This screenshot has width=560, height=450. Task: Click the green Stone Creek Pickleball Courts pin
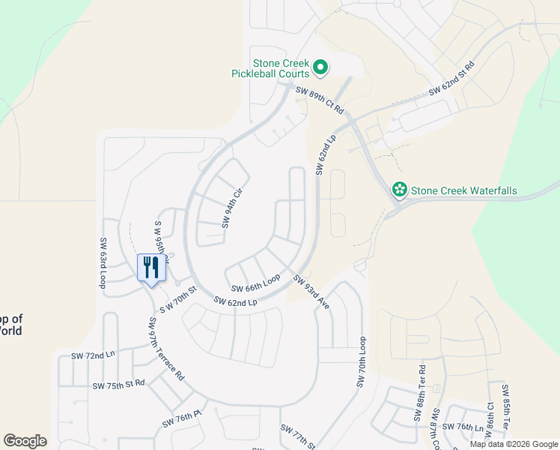320,68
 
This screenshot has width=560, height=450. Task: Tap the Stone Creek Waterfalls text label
463,191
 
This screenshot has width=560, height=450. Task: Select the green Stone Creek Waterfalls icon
400,190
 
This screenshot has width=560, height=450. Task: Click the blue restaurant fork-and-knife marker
151,268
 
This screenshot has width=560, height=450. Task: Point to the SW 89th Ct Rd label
320,100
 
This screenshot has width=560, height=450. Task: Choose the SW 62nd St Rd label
452,80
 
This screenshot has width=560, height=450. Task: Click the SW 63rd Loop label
103,264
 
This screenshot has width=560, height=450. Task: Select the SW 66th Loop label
255,283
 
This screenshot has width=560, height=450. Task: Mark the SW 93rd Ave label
311,292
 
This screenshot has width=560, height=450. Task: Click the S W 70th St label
177,299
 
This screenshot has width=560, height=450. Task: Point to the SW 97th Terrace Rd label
165,349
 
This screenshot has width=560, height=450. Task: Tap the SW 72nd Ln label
94,354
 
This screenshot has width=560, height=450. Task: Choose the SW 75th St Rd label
119,385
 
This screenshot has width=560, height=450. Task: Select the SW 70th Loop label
362,362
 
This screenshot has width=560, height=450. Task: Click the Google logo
25,441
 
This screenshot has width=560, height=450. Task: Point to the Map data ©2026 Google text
513,444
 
